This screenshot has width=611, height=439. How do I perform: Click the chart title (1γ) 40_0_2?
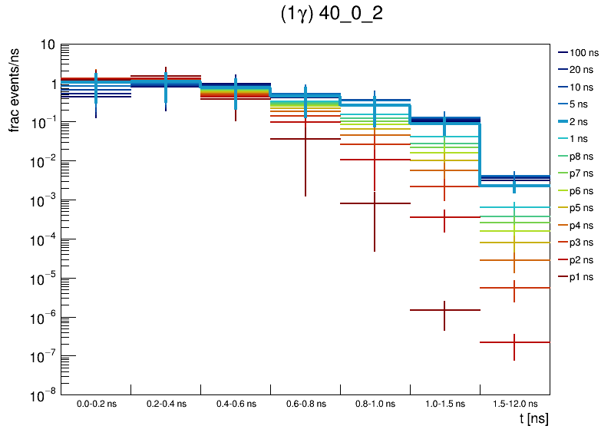[332, 15]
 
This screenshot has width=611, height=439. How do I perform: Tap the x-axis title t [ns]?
[532, 419]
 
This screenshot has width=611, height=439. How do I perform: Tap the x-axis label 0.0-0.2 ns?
[96, 404]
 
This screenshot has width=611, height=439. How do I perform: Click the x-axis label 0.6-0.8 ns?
[305, 404]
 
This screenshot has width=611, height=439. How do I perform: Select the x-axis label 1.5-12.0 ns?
[514, 404]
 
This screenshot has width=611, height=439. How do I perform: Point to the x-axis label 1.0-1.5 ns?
[444, 404]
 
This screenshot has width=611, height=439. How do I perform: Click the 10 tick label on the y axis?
[46, 45]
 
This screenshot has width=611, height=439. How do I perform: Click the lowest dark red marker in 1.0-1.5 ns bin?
[444, 310]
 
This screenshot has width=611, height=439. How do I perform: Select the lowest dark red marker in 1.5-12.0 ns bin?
[514, 342]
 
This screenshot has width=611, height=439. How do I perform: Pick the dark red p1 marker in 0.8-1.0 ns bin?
[375, 203]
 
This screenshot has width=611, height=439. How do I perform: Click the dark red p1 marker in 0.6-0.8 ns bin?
[305, 139]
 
